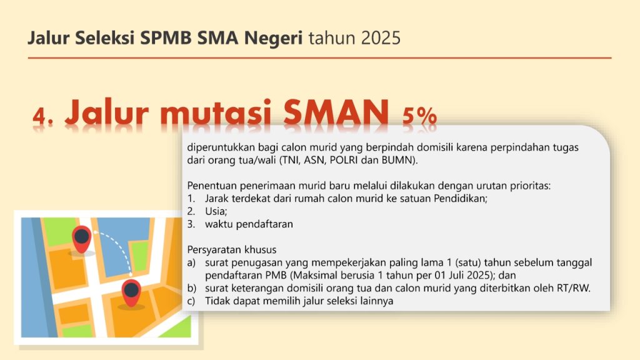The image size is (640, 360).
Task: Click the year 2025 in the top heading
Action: click(x=381, y=38)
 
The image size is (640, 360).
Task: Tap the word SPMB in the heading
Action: click(x=166, y=38)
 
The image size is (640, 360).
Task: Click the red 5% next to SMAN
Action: click(x=419, y=116)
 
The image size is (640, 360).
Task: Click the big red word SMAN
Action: click(x=336, y=112)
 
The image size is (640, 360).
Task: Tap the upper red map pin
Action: click(x=82, y=239)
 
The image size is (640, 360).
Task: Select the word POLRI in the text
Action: click(x=344, y=160)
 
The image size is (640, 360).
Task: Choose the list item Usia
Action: click(x=216, y=211)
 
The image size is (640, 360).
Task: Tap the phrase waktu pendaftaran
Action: click(x=249, y=224)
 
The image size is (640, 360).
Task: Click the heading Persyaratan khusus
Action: click(x=232, y=249)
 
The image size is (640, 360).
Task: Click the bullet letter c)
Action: click(x=191, y=301)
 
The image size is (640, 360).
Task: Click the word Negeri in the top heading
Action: click(x=273, y=39)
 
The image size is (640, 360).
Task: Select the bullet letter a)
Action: click(x=191, y=262)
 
